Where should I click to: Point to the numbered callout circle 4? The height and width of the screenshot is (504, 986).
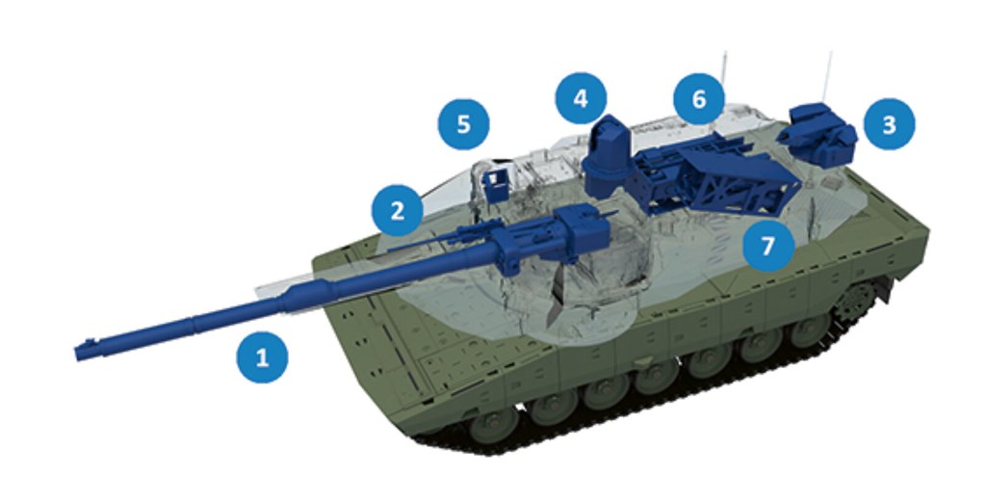[x=582, y=97]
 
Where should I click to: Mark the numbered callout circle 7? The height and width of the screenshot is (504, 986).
[x=767, y=246]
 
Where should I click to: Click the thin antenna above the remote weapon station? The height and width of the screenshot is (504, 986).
[x=827, y=77]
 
